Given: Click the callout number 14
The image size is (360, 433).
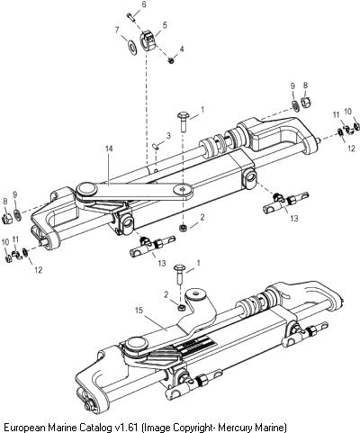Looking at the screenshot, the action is (109, 148).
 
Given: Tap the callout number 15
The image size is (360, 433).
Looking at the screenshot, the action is (139, 311).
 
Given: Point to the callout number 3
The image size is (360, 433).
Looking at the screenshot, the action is (168, 135).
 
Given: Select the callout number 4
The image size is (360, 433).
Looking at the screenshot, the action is (182, 49).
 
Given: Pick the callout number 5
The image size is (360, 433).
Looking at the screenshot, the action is (165, 25).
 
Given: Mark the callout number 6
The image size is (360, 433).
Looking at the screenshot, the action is (144, 5).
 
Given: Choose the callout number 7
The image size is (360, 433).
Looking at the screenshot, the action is (117, 30).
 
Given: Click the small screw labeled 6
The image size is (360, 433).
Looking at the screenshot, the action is (130, 16).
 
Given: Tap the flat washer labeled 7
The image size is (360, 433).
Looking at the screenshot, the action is (132, 48).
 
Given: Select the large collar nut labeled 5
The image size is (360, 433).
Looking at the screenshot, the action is (148, 41).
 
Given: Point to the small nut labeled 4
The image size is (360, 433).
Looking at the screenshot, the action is (171, 61).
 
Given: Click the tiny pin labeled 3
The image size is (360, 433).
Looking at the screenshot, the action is (157, 146).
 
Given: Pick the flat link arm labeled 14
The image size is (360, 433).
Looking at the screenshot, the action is (135, 193).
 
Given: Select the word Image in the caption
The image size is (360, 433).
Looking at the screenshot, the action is (155, 427).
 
